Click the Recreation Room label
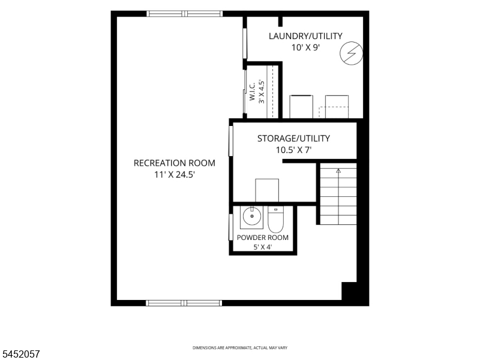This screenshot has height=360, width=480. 175,163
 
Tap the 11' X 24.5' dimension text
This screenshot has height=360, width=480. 175,175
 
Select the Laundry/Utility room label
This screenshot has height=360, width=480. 305,36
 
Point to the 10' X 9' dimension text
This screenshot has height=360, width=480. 305,48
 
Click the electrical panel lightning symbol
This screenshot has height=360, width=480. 352,53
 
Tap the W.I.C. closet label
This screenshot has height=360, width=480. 252,92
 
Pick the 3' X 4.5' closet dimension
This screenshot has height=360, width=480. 261,92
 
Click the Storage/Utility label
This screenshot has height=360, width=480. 293,139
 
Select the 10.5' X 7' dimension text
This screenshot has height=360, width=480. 293,151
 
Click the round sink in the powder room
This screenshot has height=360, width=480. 252,216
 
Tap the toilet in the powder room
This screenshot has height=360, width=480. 276,219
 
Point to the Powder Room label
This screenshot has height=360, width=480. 263,238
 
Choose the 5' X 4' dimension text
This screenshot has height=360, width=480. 263,247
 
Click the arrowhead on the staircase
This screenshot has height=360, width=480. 338,170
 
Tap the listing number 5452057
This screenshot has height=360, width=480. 20,354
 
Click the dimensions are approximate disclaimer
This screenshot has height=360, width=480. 239,348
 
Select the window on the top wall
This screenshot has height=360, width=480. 185,13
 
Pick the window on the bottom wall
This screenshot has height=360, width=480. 184,303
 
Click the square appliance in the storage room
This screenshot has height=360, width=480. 267,190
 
